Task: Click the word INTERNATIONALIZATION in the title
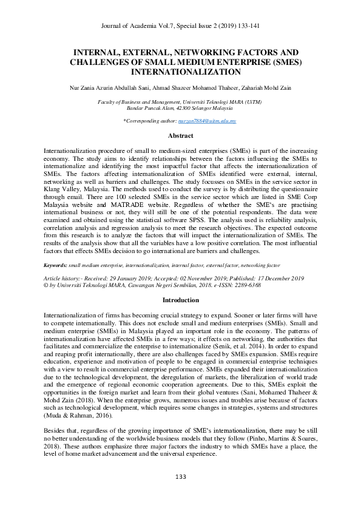pos(180,72)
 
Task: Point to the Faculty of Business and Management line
pos(180,103)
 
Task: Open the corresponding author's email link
pos(212,121)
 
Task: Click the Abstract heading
pos(180,136)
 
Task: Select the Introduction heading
pos(180,300)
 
